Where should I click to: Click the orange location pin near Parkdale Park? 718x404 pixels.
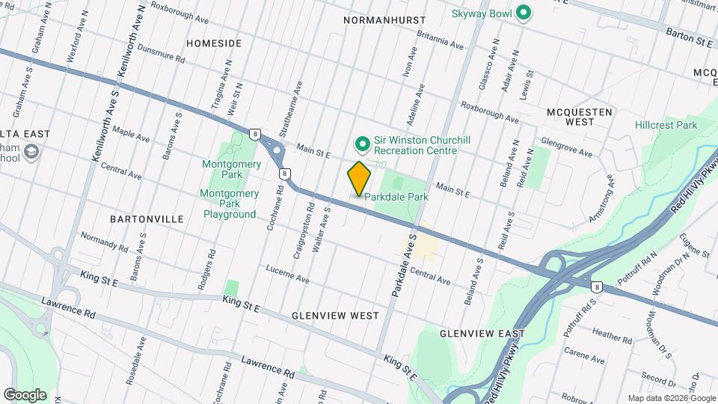coord(360,177)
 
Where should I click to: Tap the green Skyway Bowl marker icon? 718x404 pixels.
coord(524,13)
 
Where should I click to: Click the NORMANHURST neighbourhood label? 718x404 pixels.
coord(384,20)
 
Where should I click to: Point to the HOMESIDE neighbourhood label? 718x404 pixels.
coord(214,43)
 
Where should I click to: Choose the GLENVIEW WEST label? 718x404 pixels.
coord(336,316)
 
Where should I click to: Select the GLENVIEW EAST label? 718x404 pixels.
coord(482,332)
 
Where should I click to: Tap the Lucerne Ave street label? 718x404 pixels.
coord(287,275)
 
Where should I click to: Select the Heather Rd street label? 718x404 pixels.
coord(612,331)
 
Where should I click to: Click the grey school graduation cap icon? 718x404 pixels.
coord(32,153)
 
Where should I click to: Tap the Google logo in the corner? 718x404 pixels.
coord(25,394)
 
